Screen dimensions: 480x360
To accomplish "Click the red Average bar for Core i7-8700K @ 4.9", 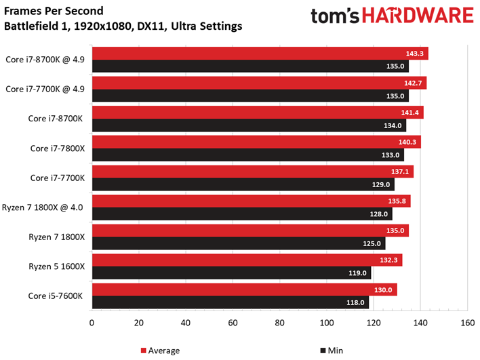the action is pyautogui.click(x=260, y=54).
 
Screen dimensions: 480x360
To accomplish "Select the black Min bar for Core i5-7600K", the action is pyautogui.click(x=231, y=302).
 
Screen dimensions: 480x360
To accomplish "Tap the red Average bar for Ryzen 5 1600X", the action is pyautogui.click(x=247, y=260).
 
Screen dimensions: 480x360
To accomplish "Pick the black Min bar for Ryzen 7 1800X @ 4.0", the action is pyautogui.click(x=242, y=214).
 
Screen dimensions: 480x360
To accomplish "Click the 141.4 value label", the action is pyautogui.click(x=410, y=113).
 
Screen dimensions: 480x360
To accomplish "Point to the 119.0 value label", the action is pyautogui.click(x=357, y=273).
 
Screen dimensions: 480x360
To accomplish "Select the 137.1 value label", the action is pyautogui.click(x=400, y=172).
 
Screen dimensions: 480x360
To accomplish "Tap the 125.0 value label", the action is pyautogui.click(x=372, y=243).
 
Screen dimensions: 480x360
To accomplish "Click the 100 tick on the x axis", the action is pyautogui.click(x=327, y=323).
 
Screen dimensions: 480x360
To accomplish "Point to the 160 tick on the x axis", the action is pyautogui.click(x=467, y=323).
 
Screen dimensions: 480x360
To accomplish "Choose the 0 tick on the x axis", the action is pyautogui.click(x=92, y=323).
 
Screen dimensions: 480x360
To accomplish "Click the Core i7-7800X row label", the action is pyautogui.click(x=57, y=148).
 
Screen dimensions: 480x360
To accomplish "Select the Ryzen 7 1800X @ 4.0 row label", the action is pyautogui.click(x=43, y=207).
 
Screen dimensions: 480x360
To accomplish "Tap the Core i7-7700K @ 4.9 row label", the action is pyautogui.click(x=45, y=89).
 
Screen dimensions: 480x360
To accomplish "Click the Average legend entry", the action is pyautogui.click(x=160, y=351).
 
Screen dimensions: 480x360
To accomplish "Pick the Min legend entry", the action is pyautogui.click(x=332, y=351).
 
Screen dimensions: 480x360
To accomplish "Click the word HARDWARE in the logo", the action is pyautogui.click(x=418, y=16).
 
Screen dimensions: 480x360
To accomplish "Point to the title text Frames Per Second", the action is pyautogui.click(x=54, y=11).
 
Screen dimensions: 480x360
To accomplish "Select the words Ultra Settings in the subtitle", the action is pyautogui.click(x=207, y=26).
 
